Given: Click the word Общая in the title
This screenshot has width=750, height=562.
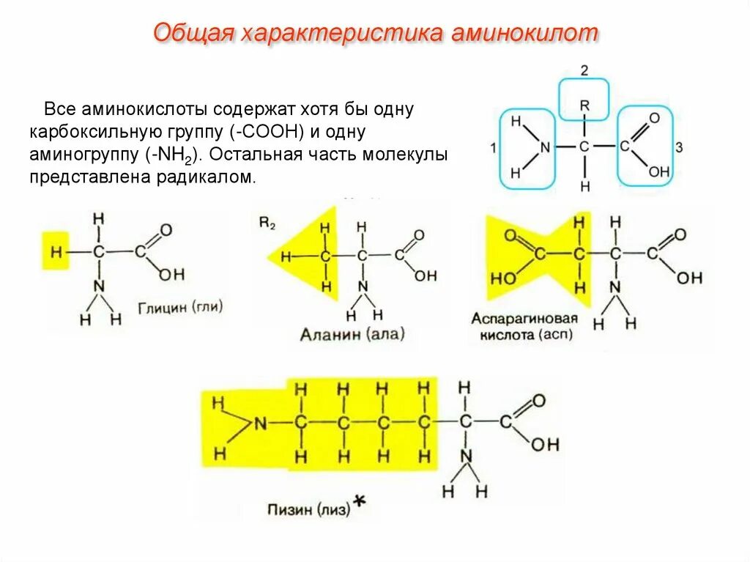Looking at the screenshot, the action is pyautogui.click(x=193, y=34).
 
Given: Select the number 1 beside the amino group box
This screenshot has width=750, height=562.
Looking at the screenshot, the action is pyautogui.click(x=493, y=148).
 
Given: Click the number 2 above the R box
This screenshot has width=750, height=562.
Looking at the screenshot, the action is pyautogui.click(x=584, y=71).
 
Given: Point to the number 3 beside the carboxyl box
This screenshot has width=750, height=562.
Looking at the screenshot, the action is pyautogui.click(x=679, y=148).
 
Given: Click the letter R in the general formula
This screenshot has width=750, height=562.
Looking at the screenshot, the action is pyautogui.click(x=584, y=106).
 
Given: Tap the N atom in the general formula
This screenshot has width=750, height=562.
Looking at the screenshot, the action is pyautogui.click(x=544, y=147).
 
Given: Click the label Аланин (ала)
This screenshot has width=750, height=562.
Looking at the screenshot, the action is pyautogui.click(x=352, y=335).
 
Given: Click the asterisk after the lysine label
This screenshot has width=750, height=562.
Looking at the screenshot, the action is pyautogui.click(x=359, y=501).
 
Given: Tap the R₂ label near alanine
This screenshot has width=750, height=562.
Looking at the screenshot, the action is pyautogui.click(x=267, y=223).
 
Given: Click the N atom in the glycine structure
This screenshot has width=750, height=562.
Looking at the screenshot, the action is pyautogui.click(x=100, y=286).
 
